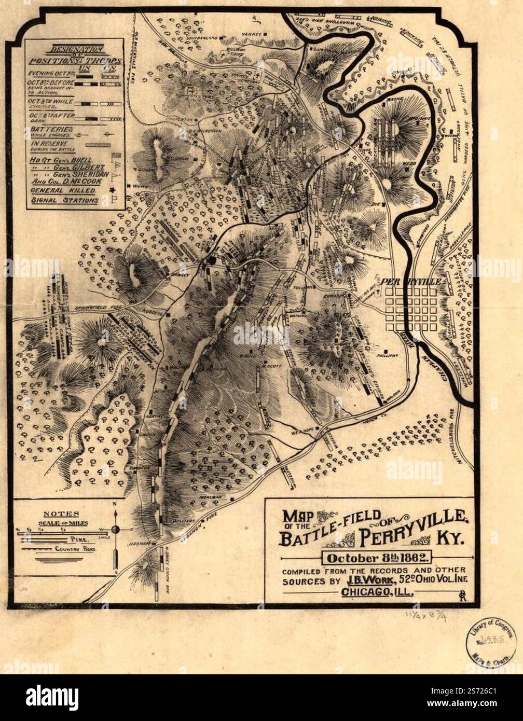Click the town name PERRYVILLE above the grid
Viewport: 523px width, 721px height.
click(x=412, y=281)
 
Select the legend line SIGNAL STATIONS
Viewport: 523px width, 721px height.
click(x=64, y=200)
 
